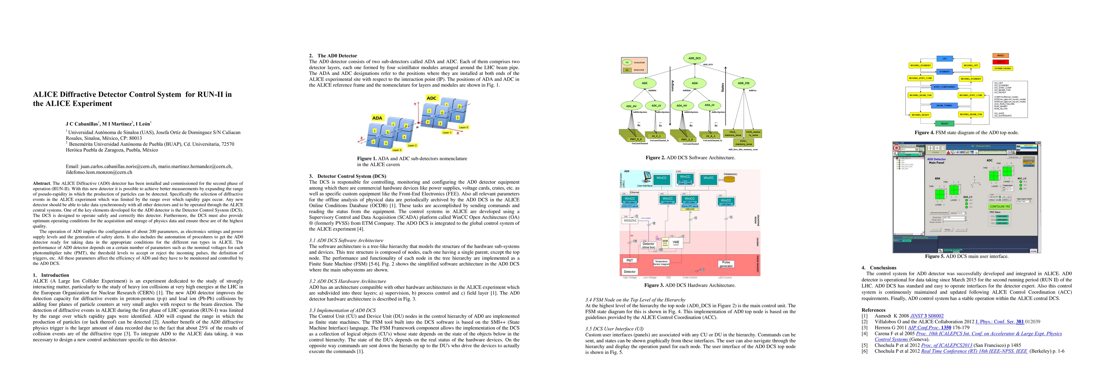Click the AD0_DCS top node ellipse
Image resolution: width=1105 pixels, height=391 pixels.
(695, 58)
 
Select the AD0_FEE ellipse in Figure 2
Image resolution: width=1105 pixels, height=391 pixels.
(744, 83)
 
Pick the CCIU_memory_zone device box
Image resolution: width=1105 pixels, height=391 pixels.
(743, 142)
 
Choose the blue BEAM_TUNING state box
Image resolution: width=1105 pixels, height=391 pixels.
(944, 105)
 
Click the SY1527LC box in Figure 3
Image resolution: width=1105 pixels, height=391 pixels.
(630, 221)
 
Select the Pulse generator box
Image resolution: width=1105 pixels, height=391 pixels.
(726, 264)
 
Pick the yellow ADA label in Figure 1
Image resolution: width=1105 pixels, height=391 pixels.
(377, 118)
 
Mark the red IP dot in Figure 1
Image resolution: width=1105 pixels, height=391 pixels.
(417, 123)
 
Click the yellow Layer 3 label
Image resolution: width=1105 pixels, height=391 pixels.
(397, 150)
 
